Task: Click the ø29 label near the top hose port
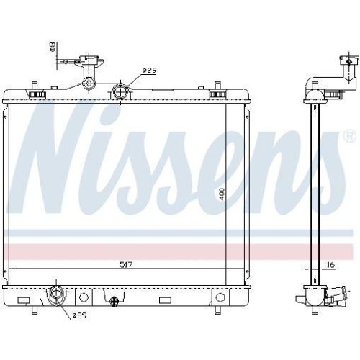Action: (x=149, y=70)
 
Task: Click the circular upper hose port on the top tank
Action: (x=121, y=91)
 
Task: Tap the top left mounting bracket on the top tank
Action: (x=35, y=91)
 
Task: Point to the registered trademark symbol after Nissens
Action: (x=348, y=135)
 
